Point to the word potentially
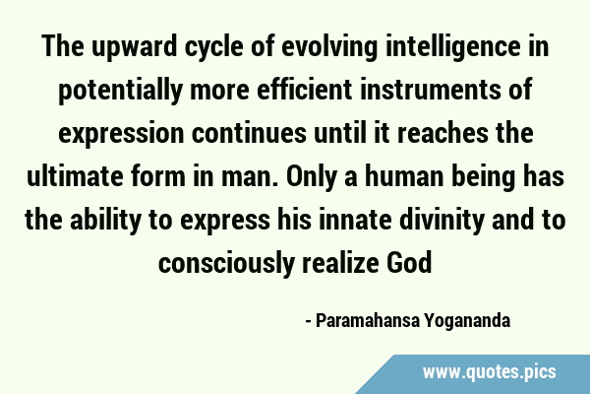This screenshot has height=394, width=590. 120,91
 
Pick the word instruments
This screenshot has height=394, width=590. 431,91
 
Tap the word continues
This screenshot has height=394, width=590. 249,134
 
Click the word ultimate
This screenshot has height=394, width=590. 75,177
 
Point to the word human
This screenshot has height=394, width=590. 404,177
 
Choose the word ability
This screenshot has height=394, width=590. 106,221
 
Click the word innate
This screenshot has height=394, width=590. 355,221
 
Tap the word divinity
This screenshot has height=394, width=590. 442,221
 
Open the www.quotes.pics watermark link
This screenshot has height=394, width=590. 489,371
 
